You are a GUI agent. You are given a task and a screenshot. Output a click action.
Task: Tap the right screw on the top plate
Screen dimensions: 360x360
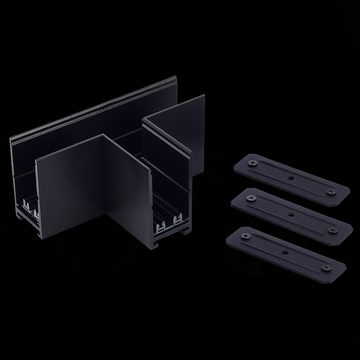329,192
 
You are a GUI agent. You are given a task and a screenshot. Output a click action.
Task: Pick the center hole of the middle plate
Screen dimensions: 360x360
290,215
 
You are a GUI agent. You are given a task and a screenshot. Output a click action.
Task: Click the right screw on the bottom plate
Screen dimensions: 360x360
325,267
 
